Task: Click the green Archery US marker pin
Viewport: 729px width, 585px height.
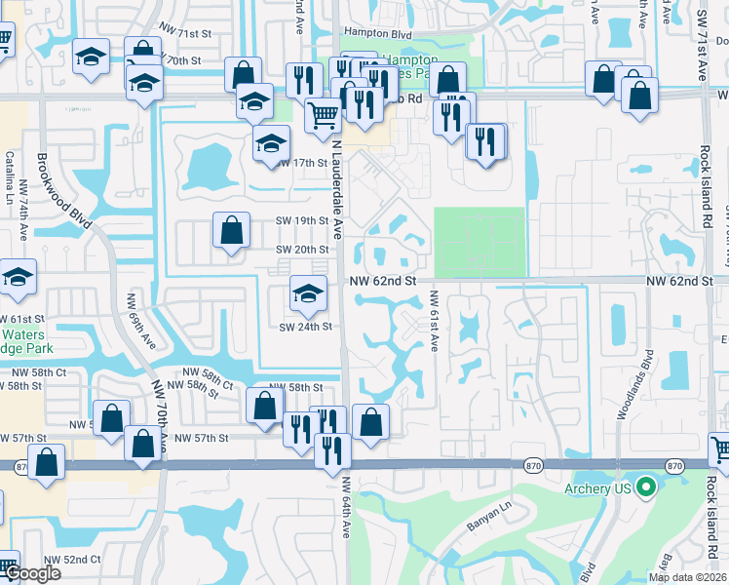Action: coord(644,487)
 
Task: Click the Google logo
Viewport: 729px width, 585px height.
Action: coord(32,573)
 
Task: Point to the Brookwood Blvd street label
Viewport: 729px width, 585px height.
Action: coord(64,190)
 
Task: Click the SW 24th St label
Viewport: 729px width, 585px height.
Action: coord(306,327)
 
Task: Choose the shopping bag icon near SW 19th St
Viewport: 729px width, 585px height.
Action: coord(232,232)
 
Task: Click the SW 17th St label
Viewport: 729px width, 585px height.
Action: coord(300,163)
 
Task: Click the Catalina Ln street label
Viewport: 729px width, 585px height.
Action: coord(9,171)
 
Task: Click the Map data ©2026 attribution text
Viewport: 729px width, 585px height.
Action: coord(686,577)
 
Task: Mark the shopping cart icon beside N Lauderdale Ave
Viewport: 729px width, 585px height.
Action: coord(323,114)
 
